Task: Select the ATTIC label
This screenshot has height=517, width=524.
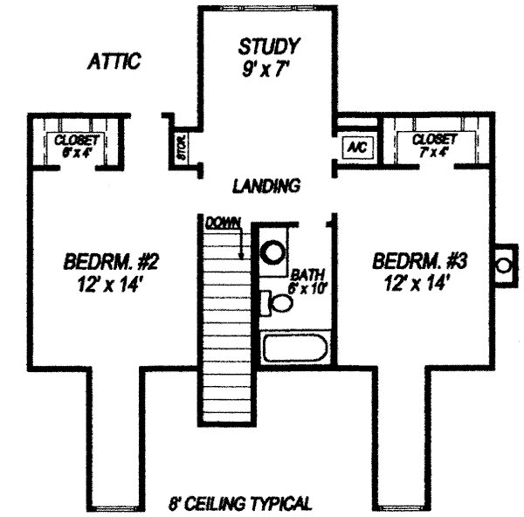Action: pyautogui.click(x=115, y=63)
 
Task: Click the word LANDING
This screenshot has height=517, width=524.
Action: pyautogui.click(x=266, y=186)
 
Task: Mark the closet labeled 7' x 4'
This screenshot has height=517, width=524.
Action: pyautogui.click(x=434, y=145)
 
